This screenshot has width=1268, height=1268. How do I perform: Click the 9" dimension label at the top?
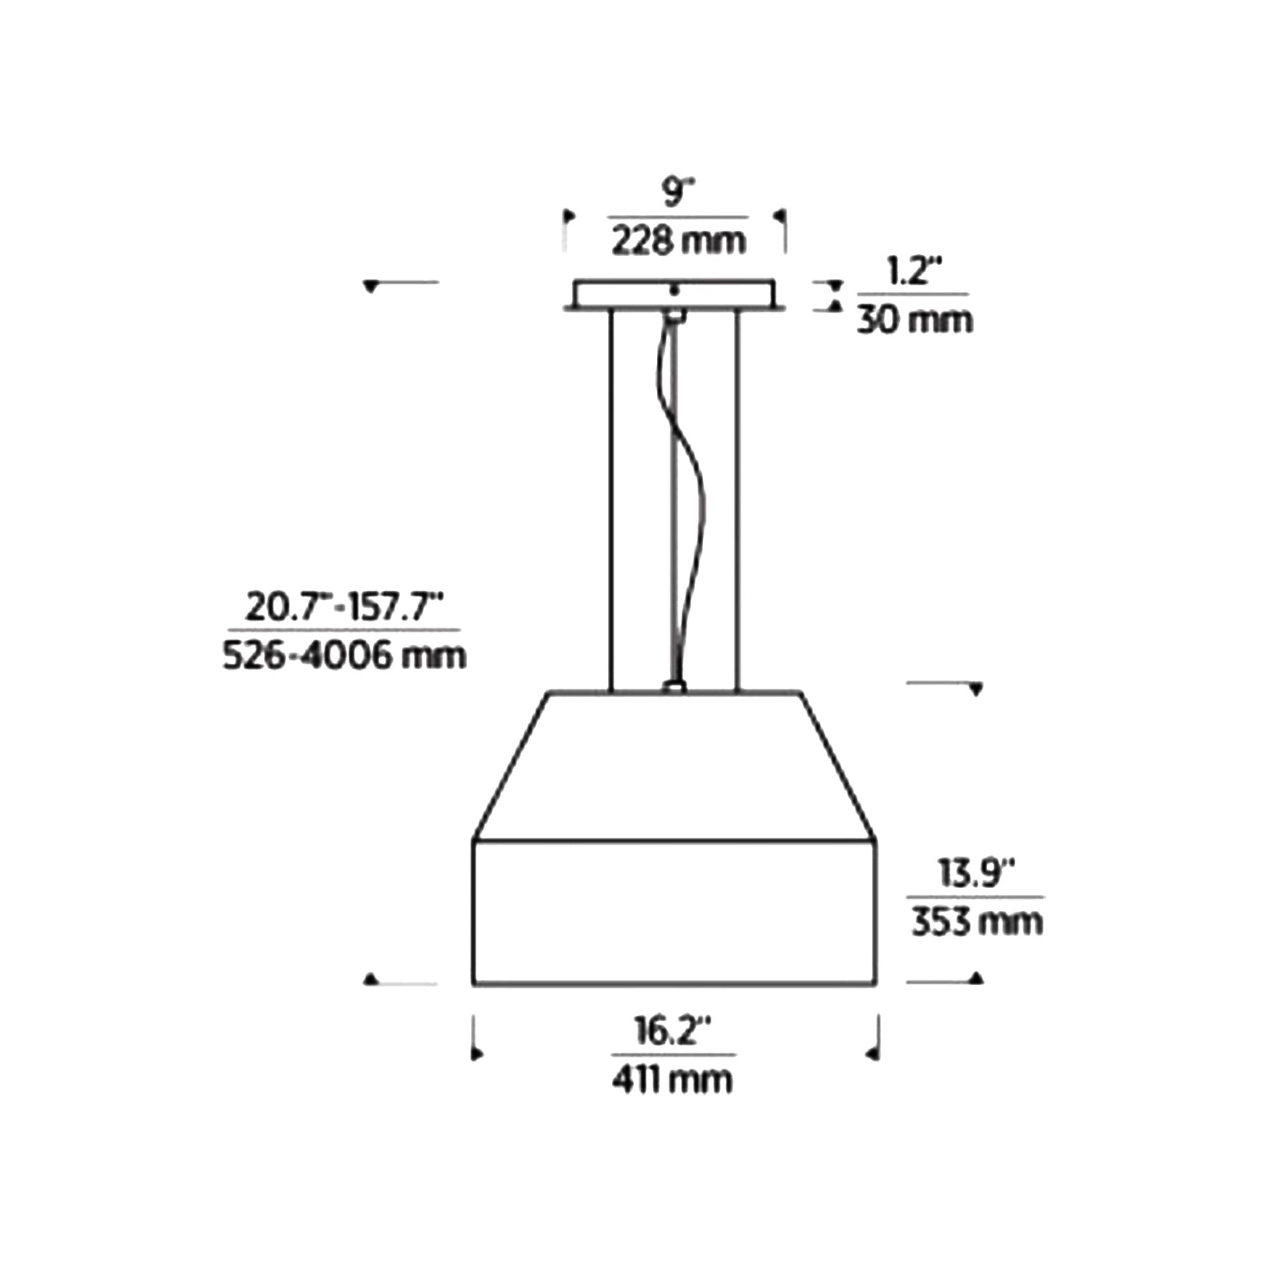[677, 193]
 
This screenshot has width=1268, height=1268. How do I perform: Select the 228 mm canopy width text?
[678, 241]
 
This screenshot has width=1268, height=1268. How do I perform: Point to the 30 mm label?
[914, 321]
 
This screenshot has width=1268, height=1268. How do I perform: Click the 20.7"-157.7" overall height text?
[345, 607]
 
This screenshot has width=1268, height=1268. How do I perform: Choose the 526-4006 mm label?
[345, 656]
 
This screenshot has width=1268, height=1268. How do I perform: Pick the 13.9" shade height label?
[976, 874]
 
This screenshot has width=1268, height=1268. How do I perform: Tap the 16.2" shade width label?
[673, 1031]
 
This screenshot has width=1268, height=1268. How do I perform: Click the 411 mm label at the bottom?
[672, 1080]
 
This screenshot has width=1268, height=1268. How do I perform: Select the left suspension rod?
[611, 499]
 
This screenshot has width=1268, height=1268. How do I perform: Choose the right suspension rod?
[737, 499]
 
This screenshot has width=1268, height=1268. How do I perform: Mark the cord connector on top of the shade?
[674, 687]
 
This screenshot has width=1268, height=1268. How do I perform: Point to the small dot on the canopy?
[673, 289]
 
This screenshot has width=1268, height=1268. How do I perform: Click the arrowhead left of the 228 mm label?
[569, 216]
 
